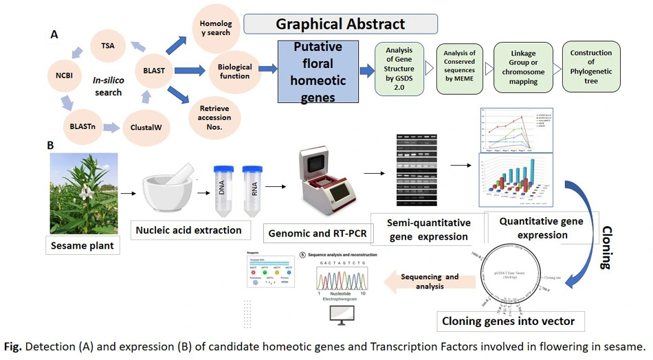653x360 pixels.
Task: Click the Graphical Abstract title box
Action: [x=340, y=24]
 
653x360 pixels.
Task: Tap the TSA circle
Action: [x=107, y=47]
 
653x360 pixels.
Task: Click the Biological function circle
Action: [x=234, y=72]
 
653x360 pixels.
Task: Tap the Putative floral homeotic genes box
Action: [x=318, y=72]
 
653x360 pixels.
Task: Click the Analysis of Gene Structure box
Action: [x=399, y=72]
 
